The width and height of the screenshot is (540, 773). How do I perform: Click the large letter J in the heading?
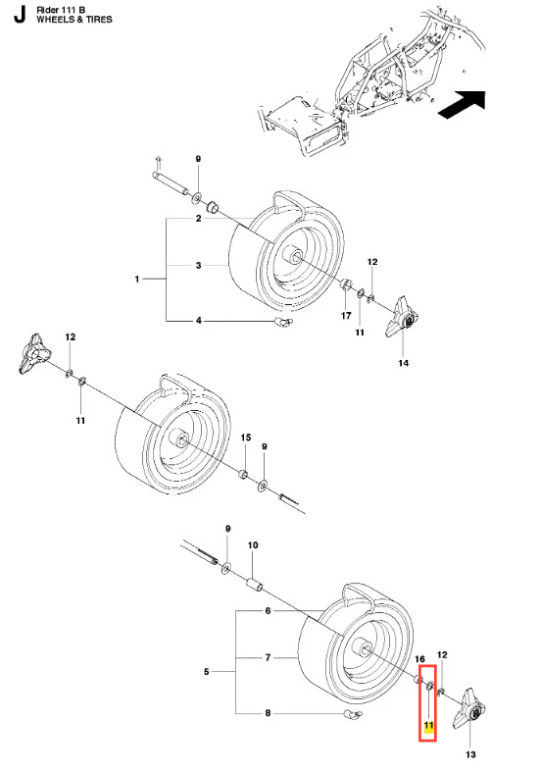tap(20, 16)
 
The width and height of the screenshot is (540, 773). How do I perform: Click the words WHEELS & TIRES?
tap(74, 20)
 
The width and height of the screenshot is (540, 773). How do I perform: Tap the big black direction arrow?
tap(462, 105)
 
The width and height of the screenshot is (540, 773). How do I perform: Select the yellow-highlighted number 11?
tap(428, 726)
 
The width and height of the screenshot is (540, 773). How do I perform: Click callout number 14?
tap(403, 363)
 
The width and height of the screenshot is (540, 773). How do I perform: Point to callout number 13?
tap(470, 754)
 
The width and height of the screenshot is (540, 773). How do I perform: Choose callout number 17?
tap(346, 316)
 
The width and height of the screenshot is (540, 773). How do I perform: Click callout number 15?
tap(245, 438)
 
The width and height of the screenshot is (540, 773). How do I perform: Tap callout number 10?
tap(252, 545)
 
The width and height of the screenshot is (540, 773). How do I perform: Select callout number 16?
tap(419, 659)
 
